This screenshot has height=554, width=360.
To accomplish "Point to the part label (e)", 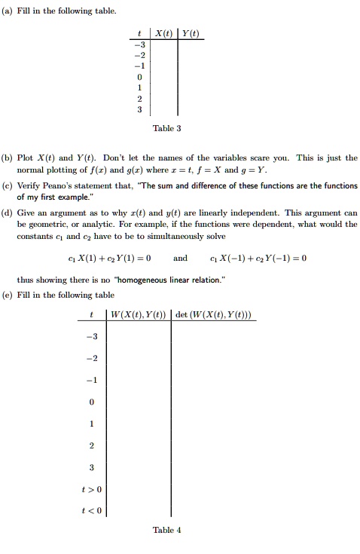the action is coord(8,295).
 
